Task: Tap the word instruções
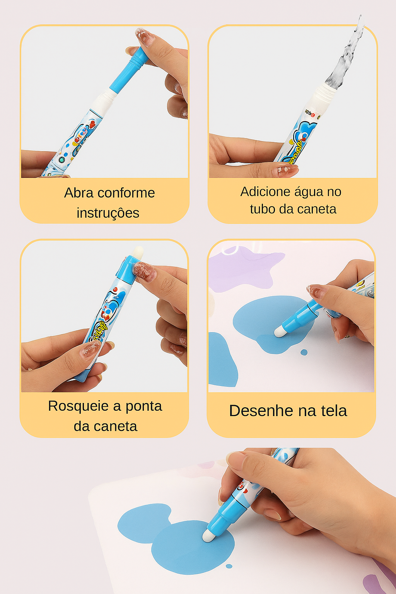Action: (x=108, y=213)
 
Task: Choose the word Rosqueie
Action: (x=79, y=406)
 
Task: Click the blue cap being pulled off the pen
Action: (x=130, y=69)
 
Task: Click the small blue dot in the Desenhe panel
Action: (x=304, y=352)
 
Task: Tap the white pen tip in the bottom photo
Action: (x=208, y=536)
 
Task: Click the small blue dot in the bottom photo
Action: (x=229, y=566)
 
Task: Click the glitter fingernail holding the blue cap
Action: (x=145, y=37)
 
